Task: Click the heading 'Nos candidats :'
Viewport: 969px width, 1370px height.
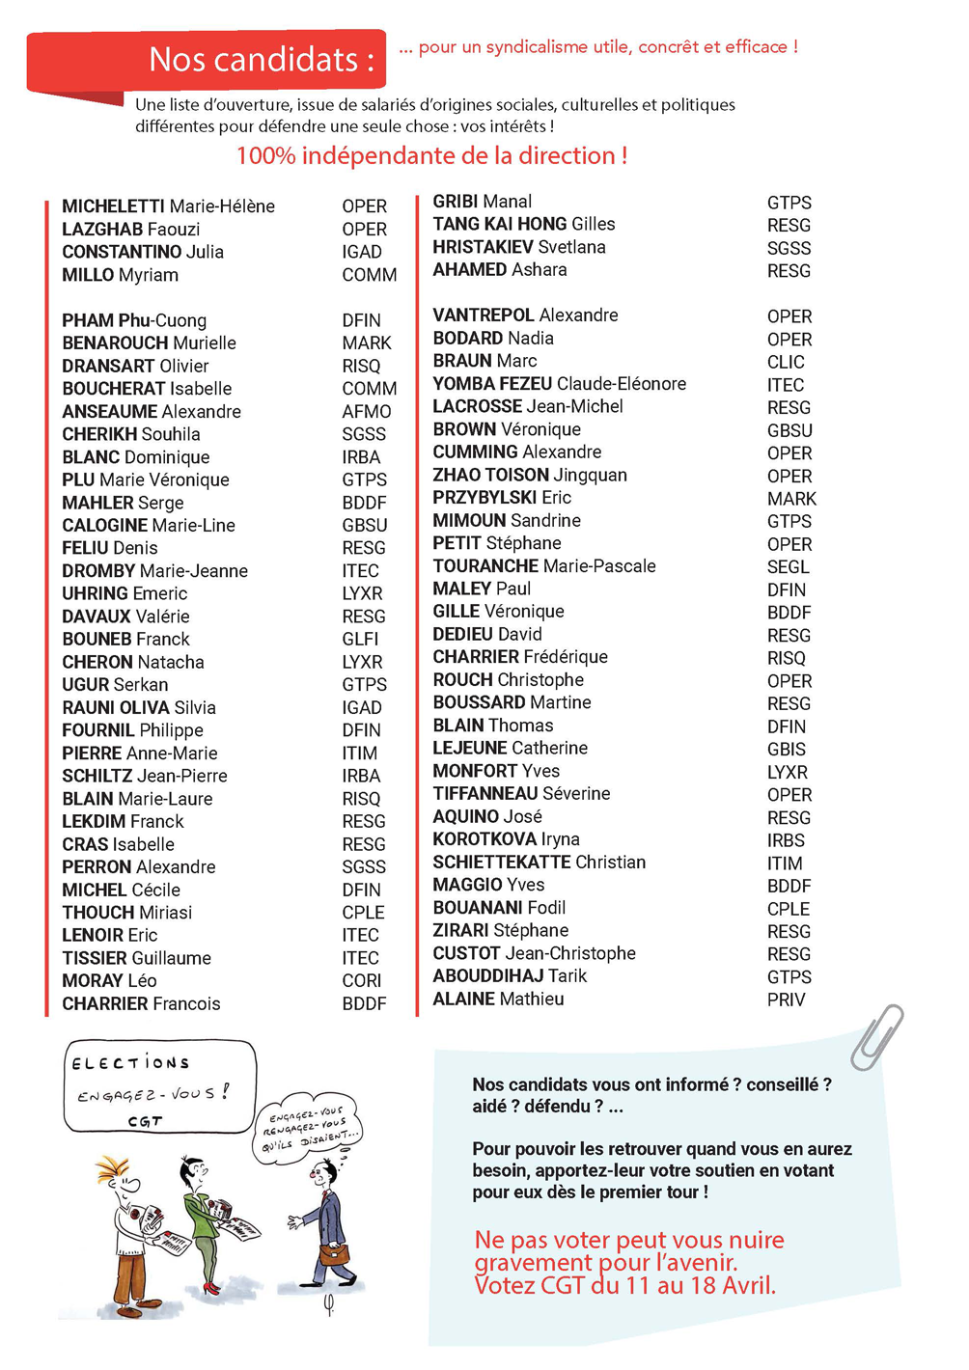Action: pos(261,60)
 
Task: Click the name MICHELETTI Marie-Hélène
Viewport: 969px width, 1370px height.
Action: pos(168,206)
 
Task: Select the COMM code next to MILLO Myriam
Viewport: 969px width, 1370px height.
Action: pos(369,275)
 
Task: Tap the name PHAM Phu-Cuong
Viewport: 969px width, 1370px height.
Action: pos(134,320)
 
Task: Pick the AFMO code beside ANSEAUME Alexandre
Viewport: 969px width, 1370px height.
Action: pos(367,412)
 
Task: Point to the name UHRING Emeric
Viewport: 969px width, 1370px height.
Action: pos(125,593)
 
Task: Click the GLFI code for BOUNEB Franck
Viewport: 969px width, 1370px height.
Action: pos(360,639)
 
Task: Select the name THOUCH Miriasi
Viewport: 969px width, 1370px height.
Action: pos(126,913)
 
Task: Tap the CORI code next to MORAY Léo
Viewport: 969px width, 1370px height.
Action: pos(362,981)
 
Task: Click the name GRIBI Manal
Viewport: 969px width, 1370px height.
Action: pos(482,202)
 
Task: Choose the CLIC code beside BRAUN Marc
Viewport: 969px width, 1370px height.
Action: pos(786,363)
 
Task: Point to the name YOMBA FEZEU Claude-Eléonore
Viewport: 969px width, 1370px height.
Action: pos(559,384)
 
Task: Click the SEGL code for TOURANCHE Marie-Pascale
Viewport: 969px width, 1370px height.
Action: pos(788,567)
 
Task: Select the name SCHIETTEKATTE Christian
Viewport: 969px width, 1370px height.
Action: pos(539,863)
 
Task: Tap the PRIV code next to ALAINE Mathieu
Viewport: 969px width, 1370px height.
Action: pos(786,1000)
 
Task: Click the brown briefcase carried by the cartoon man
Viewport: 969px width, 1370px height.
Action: pos(336,1253)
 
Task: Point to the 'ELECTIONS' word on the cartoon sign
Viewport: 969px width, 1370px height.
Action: pos(130,1063)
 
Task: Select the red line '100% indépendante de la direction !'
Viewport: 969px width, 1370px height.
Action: pos(431,156)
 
